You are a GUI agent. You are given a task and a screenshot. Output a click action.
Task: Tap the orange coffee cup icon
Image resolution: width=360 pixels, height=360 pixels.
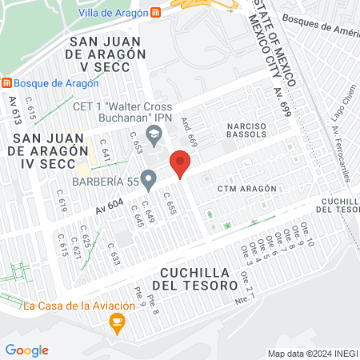coord(118,323)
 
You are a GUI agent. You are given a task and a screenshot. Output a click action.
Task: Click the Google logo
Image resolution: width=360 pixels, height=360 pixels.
coord(26,350)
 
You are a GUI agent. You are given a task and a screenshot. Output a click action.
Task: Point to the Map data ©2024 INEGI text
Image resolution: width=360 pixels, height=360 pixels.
coord(311,353)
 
